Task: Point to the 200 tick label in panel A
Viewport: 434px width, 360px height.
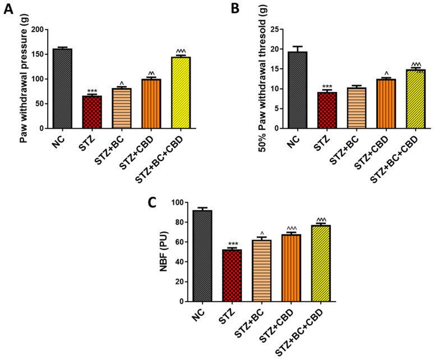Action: pos(36,30)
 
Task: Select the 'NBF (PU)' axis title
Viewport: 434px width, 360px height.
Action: pos(166,251)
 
